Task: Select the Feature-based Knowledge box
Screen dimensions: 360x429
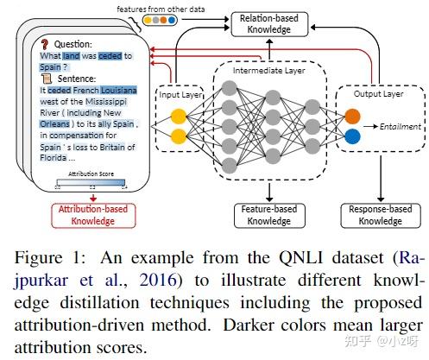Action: pyautogui.click(x=269, y=215)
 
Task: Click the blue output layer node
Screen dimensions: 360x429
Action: pyautogui.click(x=353, y=137)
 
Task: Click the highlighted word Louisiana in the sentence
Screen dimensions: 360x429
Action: pyautogui.click(x=121, y=88)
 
